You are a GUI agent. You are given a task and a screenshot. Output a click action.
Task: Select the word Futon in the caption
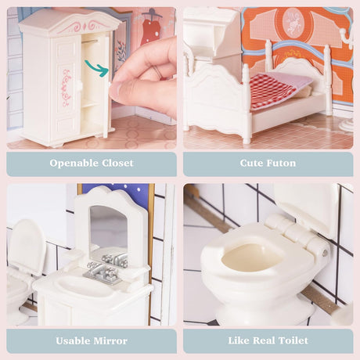point(282,163)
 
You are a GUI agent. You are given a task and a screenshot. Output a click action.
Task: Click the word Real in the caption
point(264,340)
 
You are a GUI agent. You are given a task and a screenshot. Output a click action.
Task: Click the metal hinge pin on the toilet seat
point(325,252)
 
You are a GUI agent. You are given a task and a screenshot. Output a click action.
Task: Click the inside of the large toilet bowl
point(252,258)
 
